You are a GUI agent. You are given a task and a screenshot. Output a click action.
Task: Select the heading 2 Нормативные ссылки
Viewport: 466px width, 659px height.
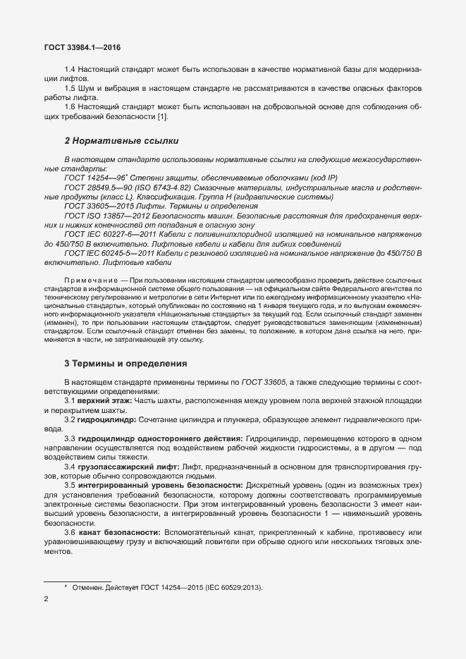121,141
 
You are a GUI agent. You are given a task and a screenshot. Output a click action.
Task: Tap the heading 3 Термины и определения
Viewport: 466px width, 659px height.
125,364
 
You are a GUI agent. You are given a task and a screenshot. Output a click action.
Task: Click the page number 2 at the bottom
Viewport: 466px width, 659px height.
47,600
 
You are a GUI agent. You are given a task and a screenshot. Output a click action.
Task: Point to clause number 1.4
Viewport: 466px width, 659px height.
70,71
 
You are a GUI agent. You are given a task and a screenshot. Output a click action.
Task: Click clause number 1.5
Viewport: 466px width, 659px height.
70,89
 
